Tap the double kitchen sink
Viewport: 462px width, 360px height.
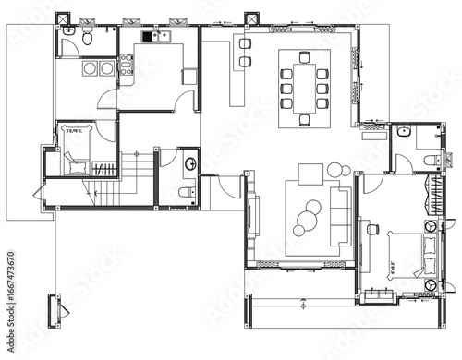[151, 37]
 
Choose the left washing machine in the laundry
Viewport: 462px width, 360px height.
[91, 69]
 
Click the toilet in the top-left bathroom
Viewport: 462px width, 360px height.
[85, 38]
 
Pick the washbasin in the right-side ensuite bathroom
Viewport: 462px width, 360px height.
[404, 134]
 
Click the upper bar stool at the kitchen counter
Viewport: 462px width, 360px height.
[245, 42]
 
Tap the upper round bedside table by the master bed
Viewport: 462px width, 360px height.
[432, 227]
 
